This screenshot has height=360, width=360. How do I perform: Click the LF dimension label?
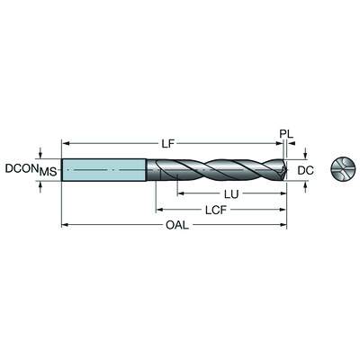pyautogui.click(x=168, y=141)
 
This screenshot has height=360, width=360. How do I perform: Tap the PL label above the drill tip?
pyautogui.click(x=286, y=134)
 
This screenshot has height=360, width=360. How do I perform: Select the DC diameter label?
pyautogui.click(x=306, y=168)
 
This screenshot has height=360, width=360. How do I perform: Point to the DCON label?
pyautogui.click(x=21, y=168)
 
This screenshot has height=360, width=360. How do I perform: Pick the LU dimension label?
pyautogui.click(x=229, y=194)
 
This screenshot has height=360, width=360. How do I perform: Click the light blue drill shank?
pyautogui.click(x=104, y=170)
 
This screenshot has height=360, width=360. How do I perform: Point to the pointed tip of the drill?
pyautogui.click(x=288, y=170)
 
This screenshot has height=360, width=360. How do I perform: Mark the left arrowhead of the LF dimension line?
pyautogui.click(x=65, y=141)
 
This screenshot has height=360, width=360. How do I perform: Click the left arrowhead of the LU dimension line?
pyautogui.click(x=179, y=194)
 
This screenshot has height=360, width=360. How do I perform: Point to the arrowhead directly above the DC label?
pyautogui.click(x=305, y=155)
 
